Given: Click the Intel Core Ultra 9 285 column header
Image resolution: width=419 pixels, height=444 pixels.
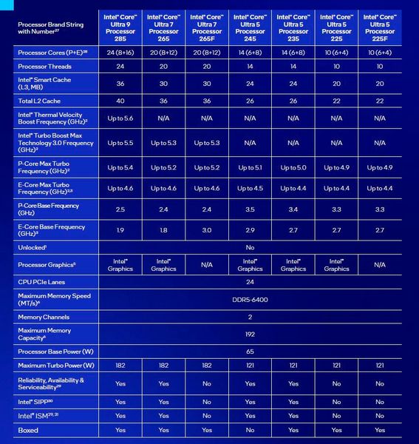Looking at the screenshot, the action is point(120,27).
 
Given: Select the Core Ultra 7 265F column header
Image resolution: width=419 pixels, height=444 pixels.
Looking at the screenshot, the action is point(207,27).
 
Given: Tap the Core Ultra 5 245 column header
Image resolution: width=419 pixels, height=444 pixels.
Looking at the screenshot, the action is point(250,27).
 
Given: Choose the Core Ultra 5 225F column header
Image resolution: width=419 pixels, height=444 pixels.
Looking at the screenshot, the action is point(379,27).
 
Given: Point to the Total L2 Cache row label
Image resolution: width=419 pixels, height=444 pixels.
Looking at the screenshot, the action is point(41,100).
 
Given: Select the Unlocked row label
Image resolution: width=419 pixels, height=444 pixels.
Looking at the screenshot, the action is point(33,247).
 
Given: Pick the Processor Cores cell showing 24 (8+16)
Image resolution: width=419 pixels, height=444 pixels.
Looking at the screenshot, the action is point(120,53).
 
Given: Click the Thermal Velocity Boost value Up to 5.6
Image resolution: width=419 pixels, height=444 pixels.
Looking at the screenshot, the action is point(120,119).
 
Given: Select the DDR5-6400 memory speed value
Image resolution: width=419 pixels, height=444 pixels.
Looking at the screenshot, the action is point(250,299).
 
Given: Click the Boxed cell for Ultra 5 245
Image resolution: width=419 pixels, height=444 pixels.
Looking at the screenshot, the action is point(250,430).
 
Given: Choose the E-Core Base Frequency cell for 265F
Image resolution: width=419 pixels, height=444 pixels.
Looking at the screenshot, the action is point(207,230).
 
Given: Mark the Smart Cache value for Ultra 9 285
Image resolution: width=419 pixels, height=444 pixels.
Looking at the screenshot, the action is point(120,83).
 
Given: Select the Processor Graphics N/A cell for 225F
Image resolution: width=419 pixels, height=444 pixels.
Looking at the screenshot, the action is point(379,264).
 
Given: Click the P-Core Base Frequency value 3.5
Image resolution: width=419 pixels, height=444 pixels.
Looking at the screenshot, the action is point(250,209).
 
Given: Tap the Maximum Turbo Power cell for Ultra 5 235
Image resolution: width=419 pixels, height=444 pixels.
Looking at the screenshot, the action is point(293,366).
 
